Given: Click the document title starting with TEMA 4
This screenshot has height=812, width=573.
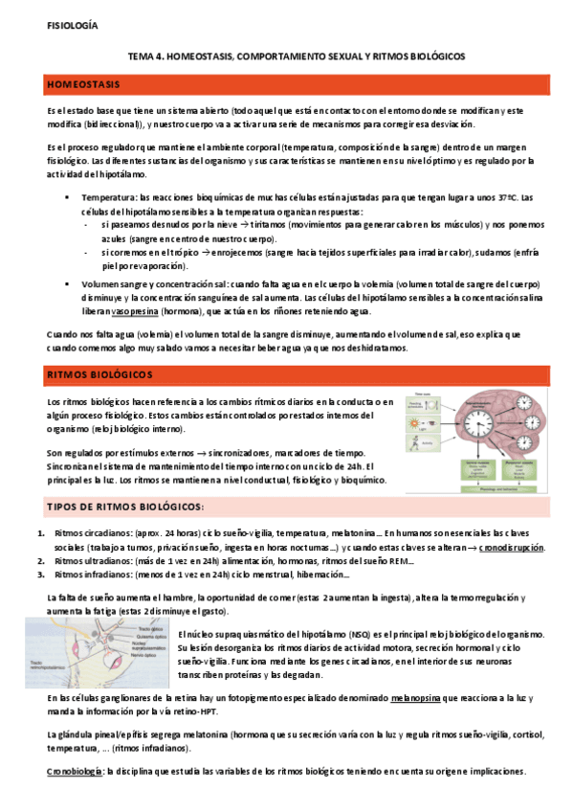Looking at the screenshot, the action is pyautogui.click(x=288, y=56).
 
